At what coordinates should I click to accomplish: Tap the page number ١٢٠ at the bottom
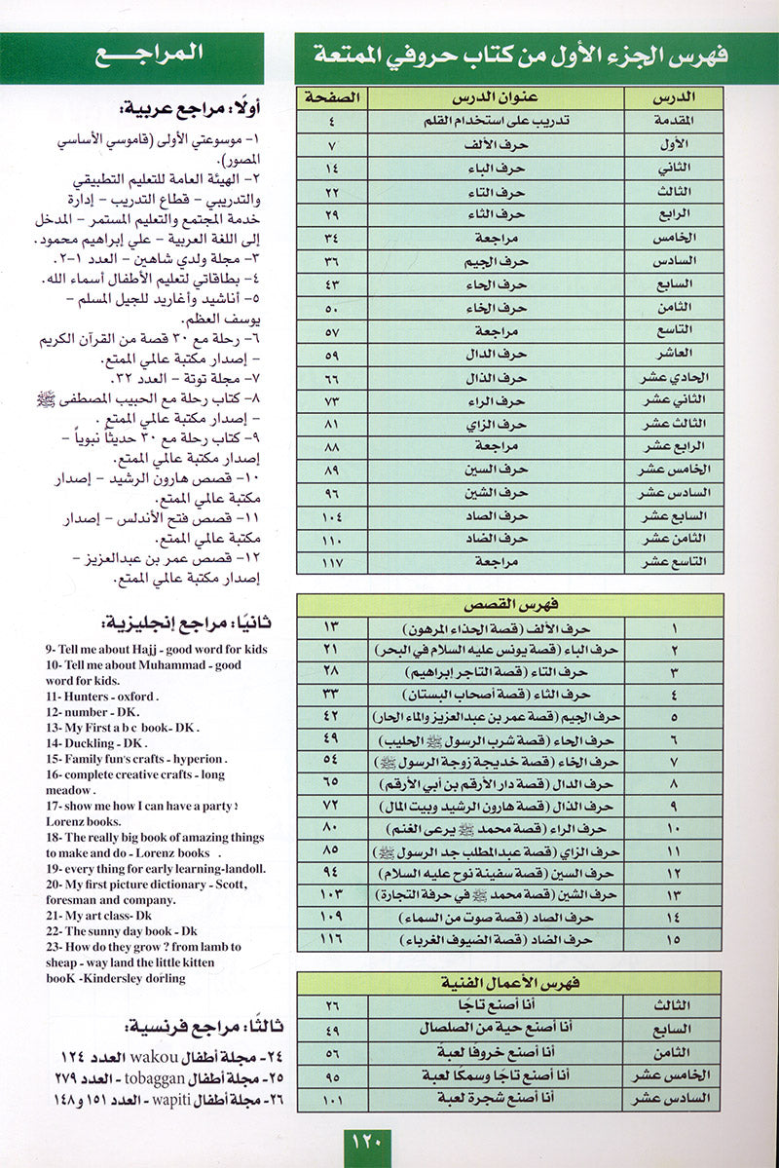tap(365, 1140)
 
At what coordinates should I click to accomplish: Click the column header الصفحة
tap(331, 98)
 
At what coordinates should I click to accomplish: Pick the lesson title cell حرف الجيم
tap(503, 260)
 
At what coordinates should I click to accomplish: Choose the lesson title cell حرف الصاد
tap(503, 515)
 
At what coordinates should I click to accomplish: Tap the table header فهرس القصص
tap(510, 606)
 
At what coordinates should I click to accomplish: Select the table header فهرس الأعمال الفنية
tap(510, 984)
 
